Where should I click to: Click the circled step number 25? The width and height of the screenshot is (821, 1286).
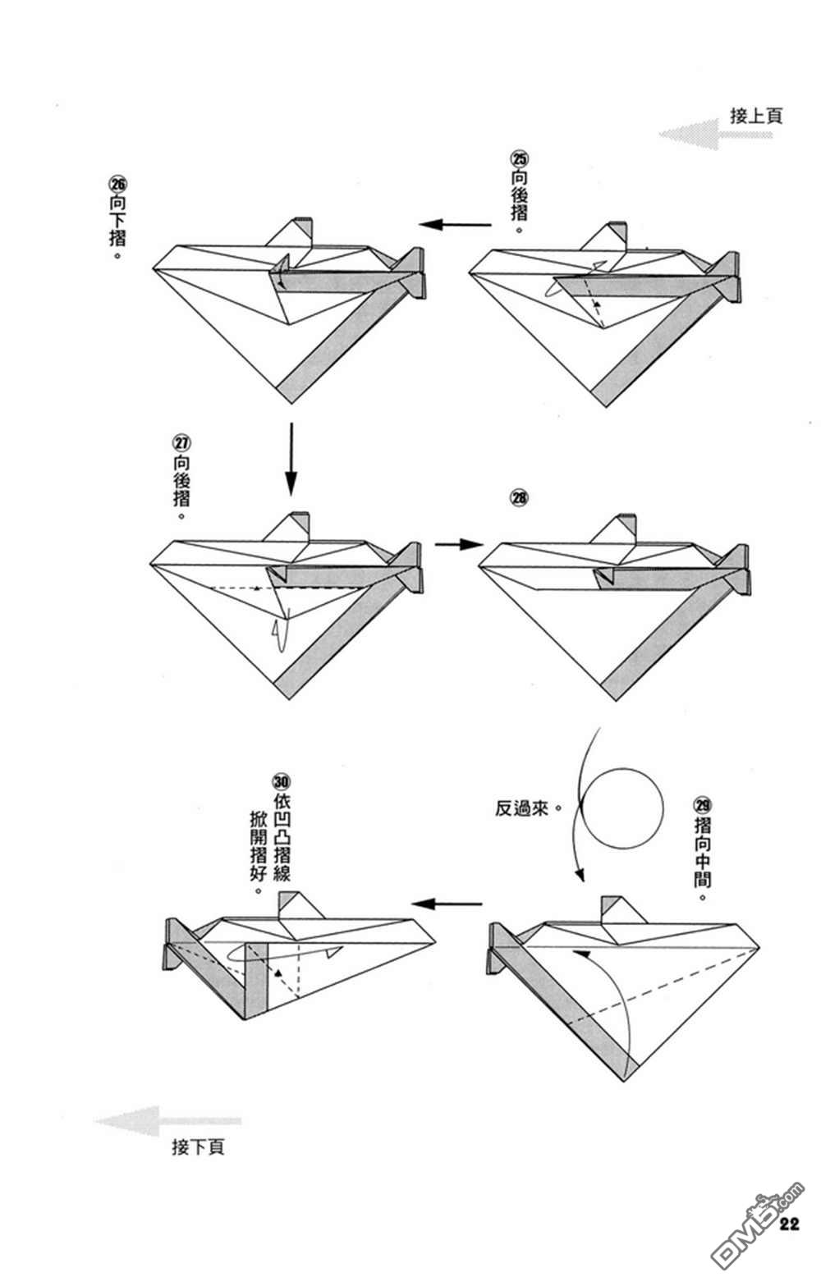click(x=520, y=158)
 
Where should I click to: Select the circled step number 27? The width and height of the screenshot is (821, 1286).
click(x=181, y=442)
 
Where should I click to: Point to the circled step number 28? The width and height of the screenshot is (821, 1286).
click(x=520, y=497)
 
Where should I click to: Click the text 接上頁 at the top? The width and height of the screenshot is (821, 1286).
click(x=756, y=115)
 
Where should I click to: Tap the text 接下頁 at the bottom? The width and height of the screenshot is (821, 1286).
click(x=198, y=1146)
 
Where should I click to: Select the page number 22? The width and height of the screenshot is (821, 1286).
click(x=790, y=1224)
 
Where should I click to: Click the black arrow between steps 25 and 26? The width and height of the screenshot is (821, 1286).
click(x=456, y=224)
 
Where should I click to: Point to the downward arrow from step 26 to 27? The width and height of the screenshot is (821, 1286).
click(x=291, y=459)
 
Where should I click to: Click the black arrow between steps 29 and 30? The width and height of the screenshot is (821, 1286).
click(x=447, y=904)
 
